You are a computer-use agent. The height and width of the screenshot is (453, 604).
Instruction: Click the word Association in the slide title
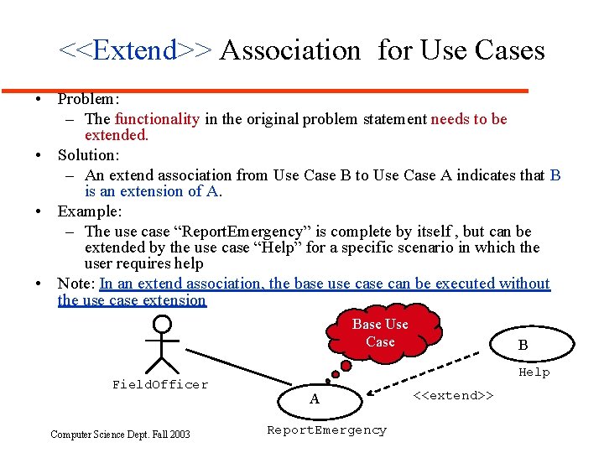pyautogui.click(x=289, y=50)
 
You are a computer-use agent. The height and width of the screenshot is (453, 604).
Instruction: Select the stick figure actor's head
pyautogui.click(x=161, y=323)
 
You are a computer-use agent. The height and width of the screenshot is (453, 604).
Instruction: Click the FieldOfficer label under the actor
pyautogui.click(x=160, y=385)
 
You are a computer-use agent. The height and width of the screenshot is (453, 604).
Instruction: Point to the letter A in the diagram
pyautogui.click(x=315, y=399)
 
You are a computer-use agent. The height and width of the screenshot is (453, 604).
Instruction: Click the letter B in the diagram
pyautogui.click(x=523, y=345)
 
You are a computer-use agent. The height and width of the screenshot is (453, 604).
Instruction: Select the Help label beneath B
pyautogui.click(x=534, y=372)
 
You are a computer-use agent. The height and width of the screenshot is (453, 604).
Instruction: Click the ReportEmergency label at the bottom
pyautogui.click(x=326, y=430)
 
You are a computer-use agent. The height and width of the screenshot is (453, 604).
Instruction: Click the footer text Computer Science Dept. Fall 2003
pyautogui.click(x=120, y=434)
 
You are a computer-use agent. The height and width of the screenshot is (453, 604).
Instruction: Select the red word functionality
pyautogui.click(x=157, y=119)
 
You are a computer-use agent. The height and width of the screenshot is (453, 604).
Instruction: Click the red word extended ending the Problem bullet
pyautogui.click(x=116, y=134)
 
